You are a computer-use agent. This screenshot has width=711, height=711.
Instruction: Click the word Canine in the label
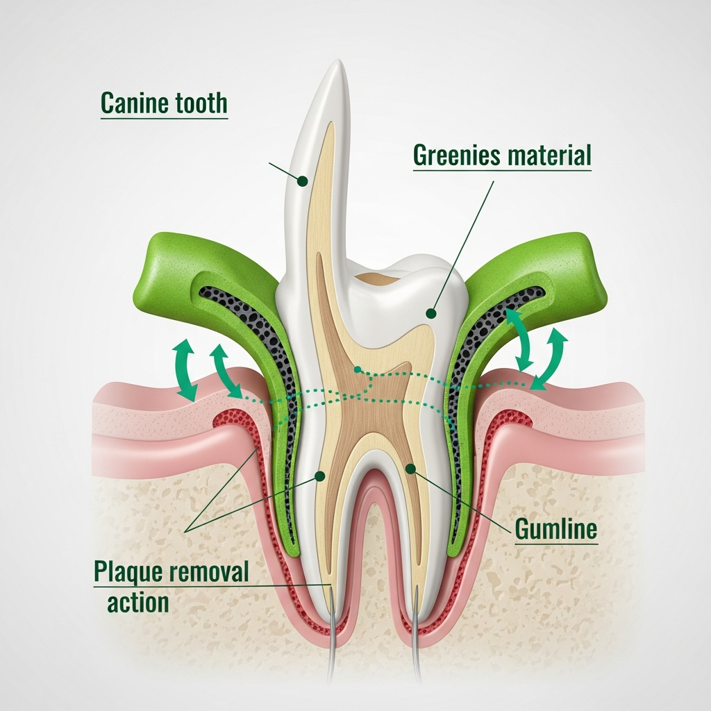tap(133, 103)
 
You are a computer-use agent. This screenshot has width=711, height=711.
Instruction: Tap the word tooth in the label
tap(198, 103)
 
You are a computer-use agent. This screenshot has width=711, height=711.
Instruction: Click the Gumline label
tap(555, 530)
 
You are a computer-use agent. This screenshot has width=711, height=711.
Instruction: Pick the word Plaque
tap(124, 574)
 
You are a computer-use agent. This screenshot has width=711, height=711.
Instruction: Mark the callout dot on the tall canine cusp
tap(302, 181)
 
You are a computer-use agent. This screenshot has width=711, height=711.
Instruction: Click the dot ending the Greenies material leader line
tap(431, 314)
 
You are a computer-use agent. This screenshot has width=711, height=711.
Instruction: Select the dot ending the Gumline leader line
tap(411, 469)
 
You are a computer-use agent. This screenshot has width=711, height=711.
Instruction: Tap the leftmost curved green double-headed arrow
tap(185, 370)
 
